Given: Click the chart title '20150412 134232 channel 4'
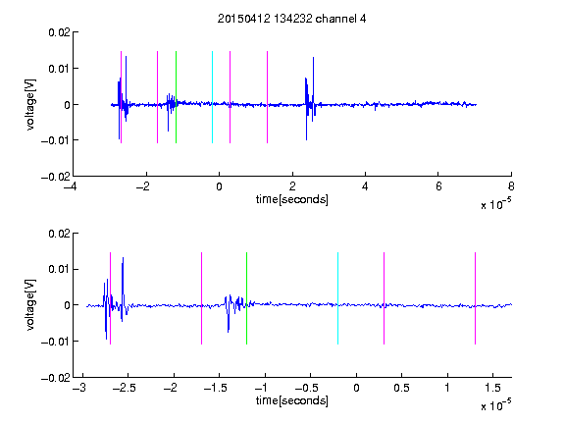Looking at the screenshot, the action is (x=291, y=19).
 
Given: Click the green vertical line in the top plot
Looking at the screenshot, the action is (x=176, y=97).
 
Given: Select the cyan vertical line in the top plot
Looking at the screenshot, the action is (x=212, y=97).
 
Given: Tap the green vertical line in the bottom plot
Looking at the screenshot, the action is (x=246, y=298).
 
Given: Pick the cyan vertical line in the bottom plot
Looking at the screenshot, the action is (x=337, y=298).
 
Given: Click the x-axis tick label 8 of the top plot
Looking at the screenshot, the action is (x=511, y=186).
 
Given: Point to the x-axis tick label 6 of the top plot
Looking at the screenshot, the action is (x=438, y=186).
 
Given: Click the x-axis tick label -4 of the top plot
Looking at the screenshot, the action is (x=71, y=186).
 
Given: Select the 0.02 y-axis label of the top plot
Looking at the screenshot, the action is (x=59, y=32).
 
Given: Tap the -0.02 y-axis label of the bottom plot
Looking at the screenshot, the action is (x=56, y=378).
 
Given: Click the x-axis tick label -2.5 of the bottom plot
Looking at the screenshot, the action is (x=124, y=388).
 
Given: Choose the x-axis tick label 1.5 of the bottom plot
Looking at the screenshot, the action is (x=492, y=388).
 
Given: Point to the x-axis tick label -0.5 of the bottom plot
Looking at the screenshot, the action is (x=306, y=388).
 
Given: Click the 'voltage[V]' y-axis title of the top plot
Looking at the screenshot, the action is (x=30, y=104).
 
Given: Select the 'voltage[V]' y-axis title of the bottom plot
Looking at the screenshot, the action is (x=30, y=304).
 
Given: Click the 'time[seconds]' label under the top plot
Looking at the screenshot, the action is (x=292, y=199).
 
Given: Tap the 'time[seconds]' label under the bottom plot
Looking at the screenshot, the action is (x=292, y=400).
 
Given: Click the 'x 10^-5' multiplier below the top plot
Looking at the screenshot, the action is (x=495, y=204).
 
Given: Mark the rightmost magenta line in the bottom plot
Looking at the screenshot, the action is (x=475, y=298).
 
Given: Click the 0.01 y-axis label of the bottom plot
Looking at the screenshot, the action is (x=59, y=269).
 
